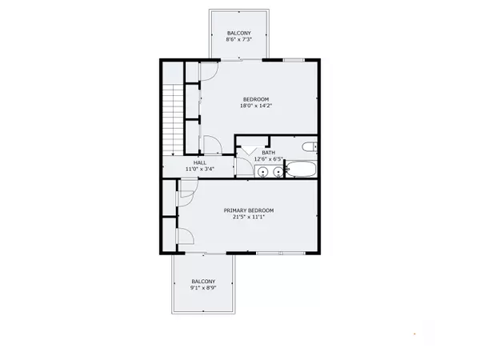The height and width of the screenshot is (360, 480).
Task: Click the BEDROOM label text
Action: click(257, 99)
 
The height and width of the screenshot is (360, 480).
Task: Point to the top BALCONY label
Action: click(238, 33)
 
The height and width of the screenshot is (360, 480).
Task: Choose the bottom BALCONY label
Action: click(203, 281)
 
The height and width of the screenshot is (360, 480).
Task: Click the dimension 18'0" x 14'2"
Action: click(257, 106)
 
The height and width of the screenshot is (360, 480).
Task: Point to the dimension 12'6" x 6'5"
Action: click(269, 158)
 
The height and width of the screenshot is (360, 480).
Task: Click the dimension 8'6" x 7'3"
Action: click(238, 40)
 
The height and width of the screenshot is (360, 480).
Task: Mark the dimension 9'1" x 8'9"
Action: click(203, 288)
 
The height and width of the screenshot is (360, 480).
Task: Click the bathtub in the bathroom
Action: click(301, 169)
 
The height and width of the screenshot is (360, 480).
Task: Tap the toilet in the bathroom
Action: click(310, 146)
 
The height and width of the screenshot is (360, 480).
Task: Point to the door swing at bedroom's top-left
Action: click(204, 70)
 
